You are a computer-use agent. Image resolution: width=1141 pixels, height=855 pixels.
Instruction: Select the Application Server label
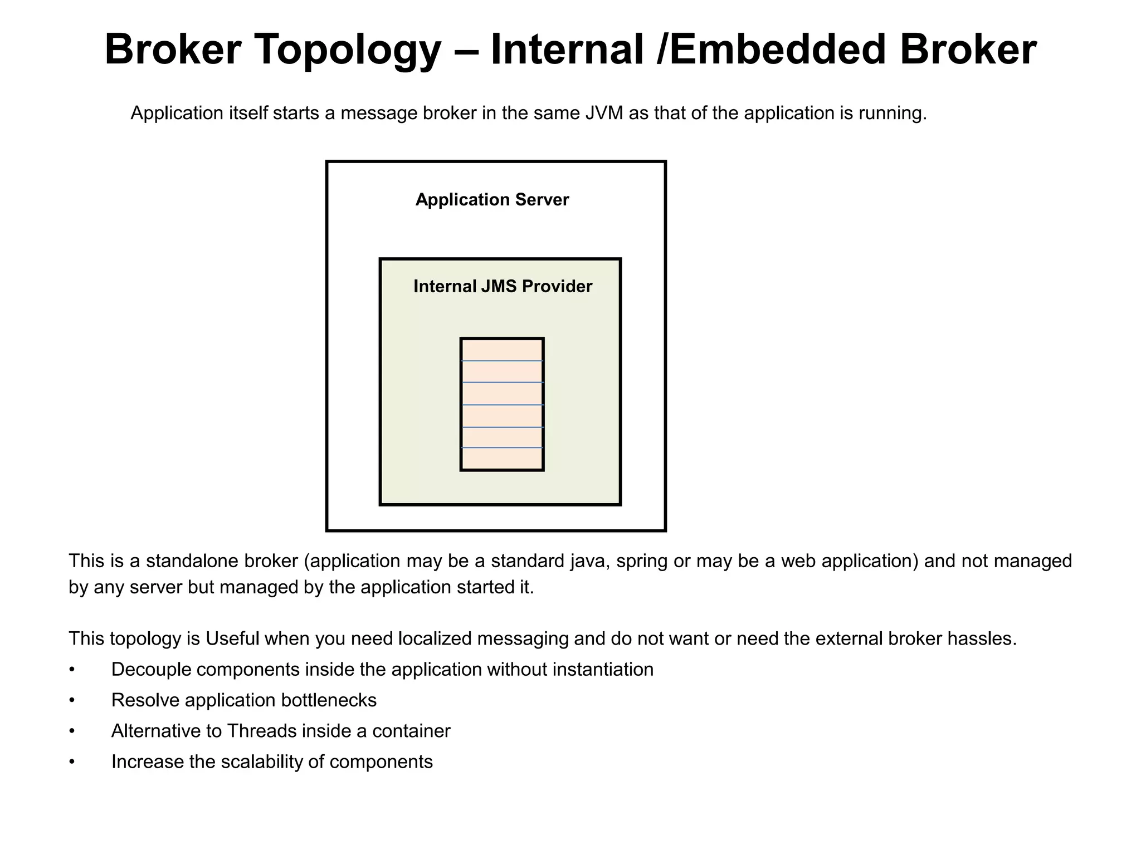(492, 200)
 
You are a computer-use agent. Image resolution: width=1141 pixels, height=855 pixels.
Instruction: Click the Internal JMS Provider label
(503, 287)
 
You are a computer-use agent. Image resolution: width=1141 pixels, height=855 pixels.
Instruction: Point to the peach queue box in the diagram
(502, 404)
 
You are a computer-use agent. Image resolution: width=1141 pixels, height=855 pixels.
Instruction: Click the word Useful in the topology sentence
(232, 639)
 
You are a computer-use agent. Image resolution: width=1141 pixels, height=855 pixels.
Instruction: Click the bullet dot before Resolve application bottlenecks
(72, 701)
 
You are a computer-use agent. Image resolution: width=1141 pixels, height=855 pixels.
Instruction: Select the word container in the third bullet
(411, 731)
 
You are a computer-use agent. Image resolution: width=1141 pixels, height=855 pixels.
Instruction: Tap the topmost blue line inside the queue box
(502, 361)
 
